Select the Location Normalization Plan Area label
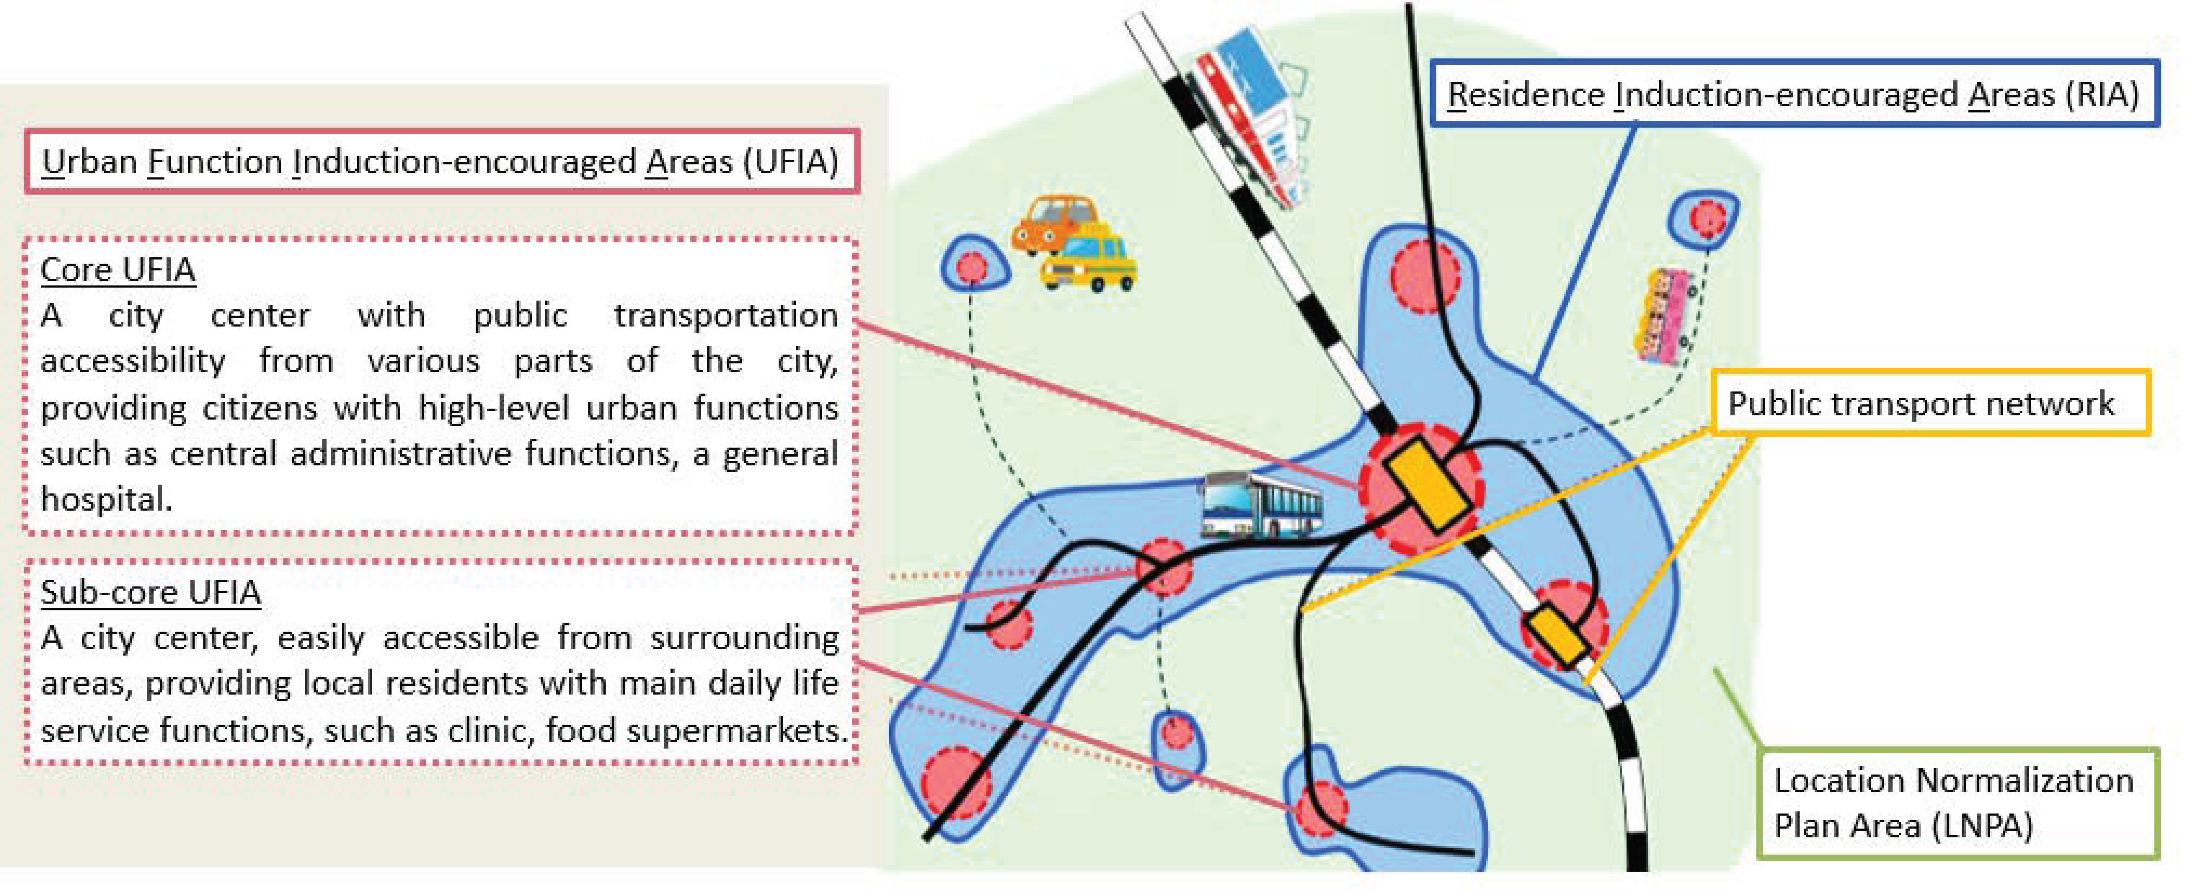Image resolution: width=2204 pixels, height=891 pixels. [x=1956, y=803]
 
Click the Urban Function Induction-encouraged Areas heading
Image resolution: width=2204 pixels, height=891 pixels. [x=441, y=161]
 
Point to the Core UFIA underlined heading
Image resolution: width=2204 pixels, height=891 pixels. [x=118, y=269]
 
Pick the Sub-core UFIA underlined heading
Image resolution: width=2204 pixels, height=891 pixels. [x=150, y=592]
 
